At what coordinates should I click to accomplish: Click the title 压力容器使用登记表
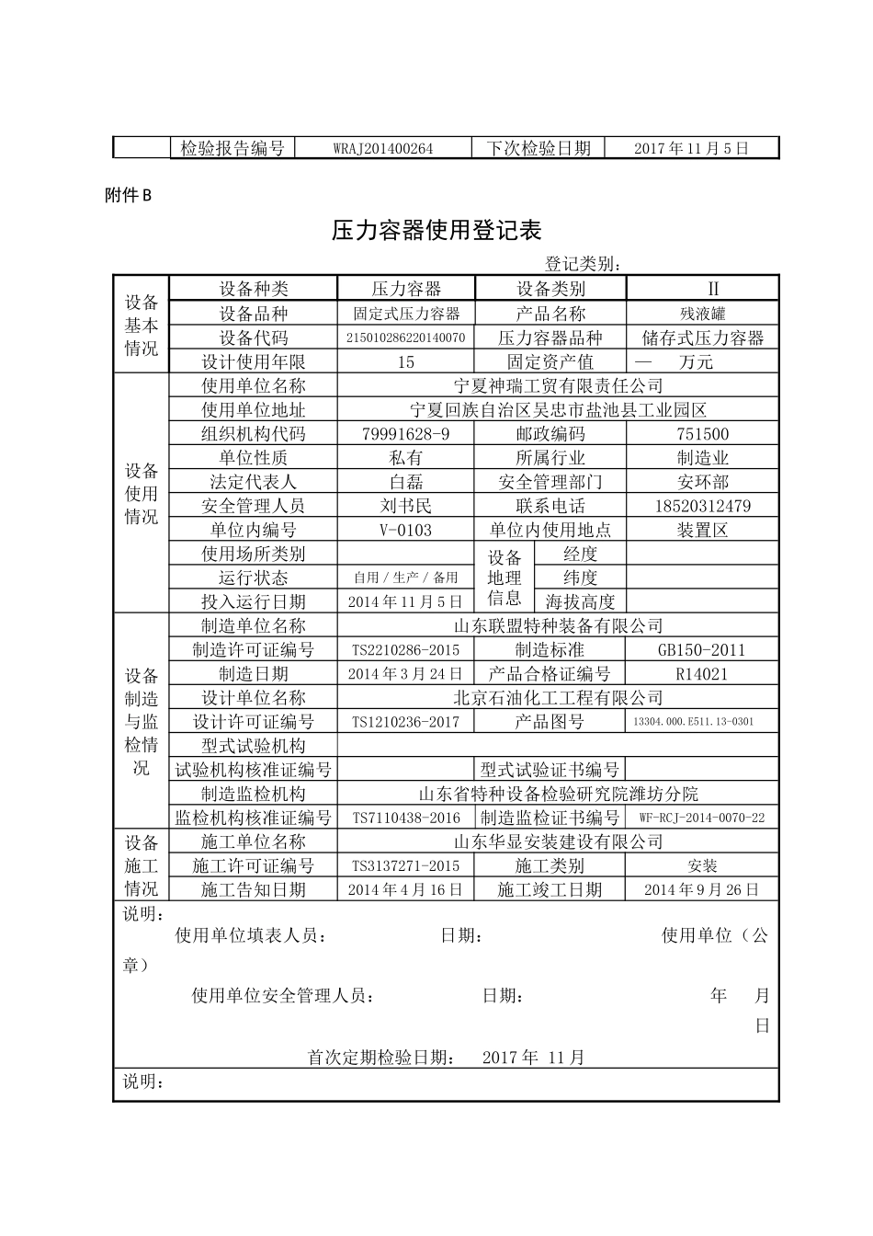coord(436,230)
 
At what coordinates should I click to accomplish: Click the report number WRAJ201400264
coord(383,148)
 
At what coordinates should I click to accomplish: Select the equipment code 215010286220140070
coord(405,338)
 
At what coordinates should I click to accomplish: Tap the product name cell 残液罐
coord(702,314)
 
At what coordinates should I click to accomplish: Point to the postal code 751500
coord(702,434)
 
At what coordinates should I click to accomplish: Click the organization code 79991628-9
coord(405,434)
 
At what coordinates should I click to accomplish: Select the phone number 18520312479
coord(702,506)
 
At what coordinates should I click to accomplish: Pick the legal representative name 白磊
coord(405,482)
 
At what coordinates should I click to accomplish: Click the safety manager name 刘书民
coord(405,506)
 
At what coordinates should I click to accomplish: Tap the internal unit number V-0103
coord(405,530)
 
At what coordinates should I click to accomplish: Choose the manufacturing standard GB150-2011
coord(702,650)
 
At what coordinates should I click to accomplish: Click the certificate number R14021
coord(702,674)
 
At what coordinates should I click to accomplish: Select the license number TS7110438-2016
coord(405,818)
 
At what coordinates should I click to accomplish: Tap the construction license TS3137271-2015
coord(405,865)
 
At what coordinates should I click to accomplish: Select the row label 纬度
coord(580,578)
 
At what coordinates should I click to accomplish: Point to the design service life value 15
coord(405,362)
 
